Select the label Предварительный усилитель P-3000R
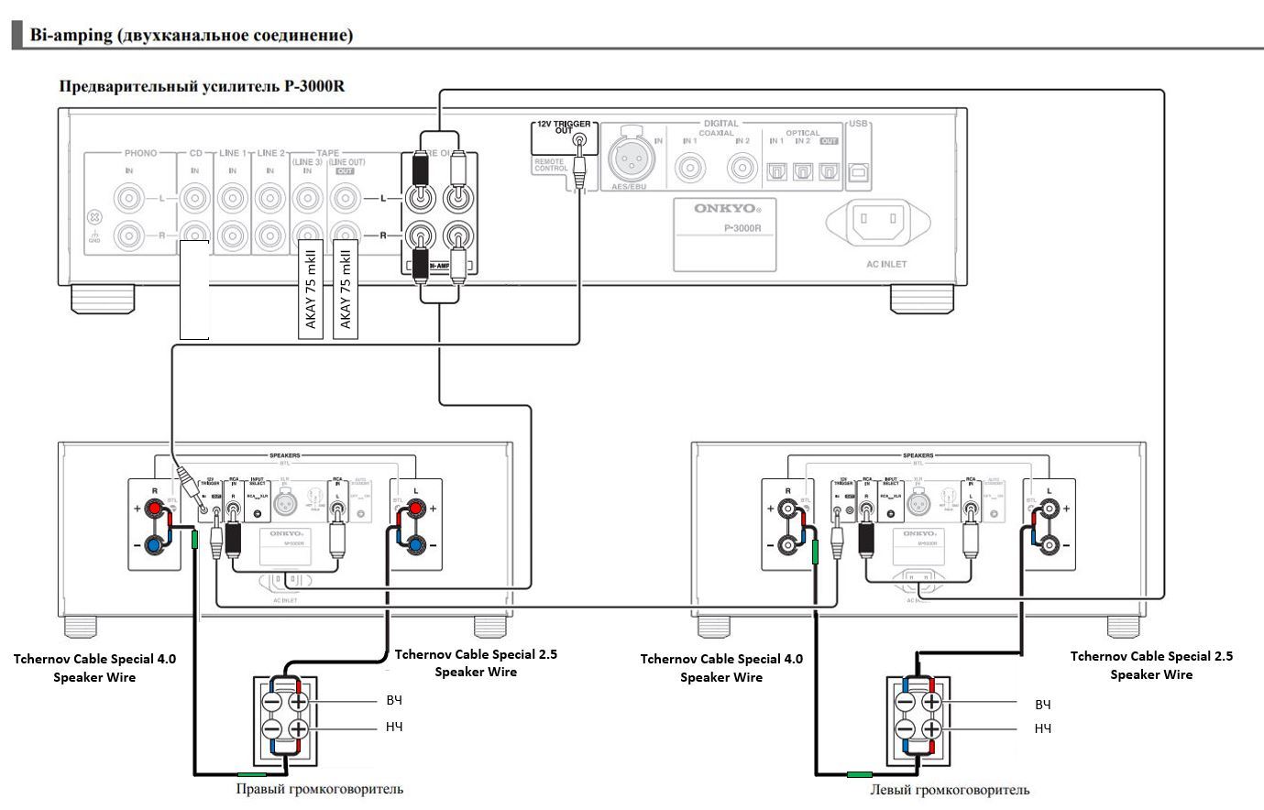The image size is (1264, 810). [202, 86]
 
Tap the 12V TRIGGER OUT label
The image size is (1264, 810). [563, 127]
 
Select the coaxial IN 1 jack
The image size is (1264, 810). [690, 168]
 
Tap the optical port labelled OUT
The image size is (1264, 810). [829, 170]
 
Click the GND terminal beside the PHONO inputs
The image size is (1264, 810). [93, 219]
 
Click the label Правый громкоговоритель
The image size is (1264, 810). [319, 788]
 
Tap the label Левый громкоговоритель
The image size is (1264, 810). [950, 789]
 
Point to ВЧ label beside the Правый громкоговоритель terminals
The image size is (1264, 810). [393, 700]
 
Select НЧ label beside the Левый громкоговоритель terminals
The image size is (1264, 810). [1042, 728]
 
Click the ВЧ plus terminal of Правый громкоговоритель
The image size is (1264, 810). [298, 703]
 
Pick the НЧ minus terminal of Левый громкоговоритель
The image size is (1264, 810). [906, 730]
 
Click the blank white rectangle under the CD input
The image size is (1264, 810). [194, 290]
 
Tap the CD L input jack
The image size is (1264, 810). [195, 197]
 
